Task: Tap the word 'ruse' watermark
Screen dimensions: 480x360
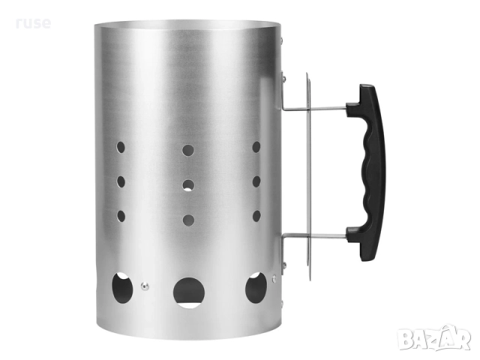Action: coord(33,23)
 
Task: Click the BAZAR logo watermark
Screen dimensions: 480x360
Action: coord(434,337)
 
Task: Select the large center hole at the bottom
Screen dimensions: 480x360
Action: coord(189,292)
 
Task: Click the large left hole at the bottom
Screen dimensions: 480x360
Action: coord(122,288)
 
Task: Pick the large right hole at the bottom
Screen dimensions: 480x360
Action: coord(256,288)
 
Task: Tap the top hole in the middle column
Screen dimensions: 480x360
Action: coord(188,150)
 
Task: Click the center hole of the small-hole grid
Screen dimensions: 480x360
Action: coord(188,185)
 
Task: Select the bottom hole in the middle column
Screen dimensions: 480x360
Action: coord(188,220)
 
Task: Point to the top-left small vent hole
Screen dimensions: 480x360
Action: coord(121,147)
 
